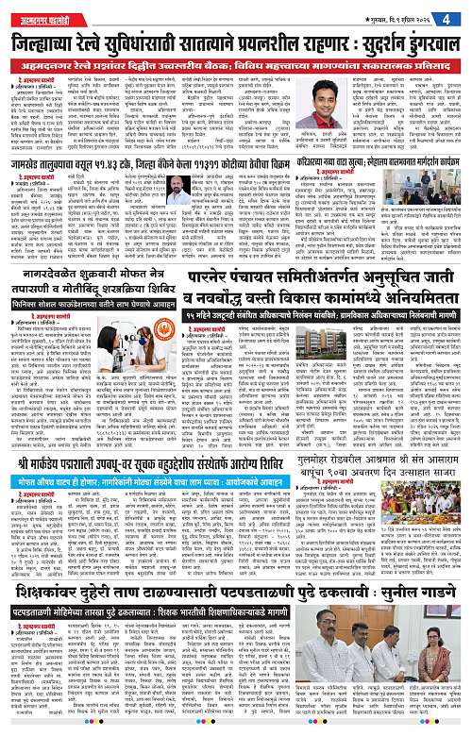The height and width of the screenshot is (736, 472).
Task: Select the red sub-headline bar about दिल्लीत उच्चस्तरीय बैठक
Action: pos(236,63)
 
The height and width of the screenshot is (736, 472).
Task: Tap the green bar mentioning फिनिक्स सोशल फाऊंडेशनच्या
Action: pos(117,327)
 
